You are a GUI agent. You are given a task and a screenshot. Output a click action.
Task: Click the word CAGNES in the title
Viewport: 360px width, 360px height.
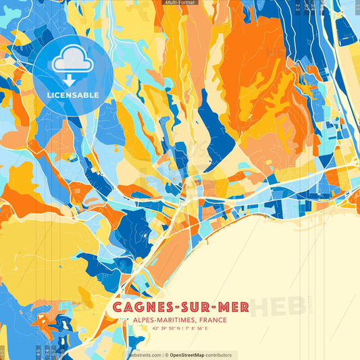(140, 308)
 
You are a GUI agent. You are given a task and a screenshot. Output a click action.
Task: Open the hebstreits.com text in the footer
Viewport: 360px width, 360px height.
(145, 355)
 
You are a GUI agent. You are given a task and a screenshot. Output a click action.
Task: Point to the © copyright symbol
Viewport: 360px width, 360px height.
(166, 355)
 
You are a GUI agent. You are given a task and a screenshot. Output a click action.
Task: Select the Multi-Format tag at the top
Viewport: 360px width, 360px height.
(180, 3)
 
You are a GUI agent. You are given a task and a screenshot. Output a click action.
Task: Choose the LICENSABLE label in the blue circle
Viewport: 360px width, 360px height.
(72, 95)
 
